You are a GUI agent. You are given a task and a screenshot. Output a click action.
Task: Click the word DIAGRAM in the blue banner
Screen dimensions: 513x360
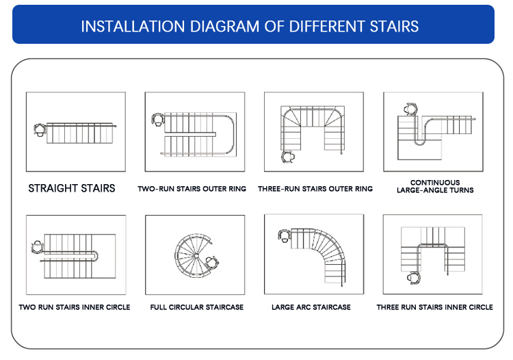coord(224,27)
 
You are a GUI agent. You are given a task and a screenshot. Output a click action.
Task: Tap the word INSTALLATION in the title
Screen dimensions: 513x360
coord(133,27)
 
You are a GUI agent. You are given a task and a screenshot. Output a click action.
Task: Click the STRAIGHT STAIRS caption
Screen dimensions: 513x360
coord(72,188)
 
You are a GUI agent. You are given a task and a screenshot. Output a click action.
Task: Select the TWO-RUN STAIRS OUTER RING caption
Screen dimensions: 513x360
coord(192,189)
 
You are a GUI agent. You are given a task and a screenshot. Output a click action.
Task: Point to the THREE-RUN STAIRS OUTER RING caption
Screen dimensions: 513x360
coord(315,189)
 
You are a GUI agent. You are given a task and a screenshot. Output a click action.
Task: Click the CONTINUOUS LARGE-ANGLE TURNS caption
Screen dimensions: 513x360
coord(435,186)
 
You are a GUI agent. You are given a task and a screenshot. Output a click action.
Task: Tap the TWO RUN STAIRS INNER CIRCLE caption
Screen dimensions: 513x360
coord(75,307)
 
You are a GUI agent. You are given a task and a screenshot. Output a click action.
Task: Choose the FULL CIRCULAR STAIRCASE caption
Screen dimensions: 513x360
coord(196,307)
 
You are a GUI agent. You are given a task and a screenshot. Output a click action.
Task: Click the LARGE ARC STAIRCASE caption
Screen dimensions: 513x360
coord(311,307)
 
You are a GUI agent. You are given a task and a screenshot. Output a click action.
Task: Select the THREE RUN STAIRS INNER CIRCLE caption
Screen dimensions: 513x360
coord(434,307)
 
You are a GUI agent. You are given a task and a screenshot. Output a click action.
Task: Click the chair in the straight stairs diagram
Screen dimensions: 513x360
coord(40,130)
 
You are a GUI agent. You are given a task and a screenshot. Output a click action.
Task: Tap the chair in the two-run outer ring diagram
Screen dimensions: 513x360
coord(158,120)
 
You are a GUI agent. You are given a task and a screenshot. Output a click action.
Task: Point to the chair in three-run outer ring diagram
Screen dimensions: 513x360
coord(288,157)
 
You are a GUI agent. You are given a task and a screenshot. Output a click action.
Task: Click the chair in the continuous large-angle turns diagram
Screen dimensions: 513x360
coord(410,109)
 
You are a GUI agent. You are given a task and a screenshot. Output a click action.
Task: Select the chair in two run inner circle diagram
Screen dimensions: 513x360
coord(38,247)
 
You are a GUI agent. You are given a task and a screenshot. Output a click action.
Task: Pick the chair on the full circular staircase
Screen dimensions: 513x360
coord(212,262)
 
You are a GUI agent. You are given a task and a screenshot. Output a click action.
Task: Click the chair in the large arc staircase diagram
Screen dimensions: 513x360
coord(285,235)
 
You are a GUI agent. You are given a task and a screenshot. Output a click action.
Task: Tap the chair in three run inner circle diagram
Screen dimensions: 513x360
coord(414,278)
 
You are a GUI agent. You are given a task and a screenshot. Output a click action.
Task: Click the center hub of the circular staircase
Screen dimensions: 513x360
coord(196,255)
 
